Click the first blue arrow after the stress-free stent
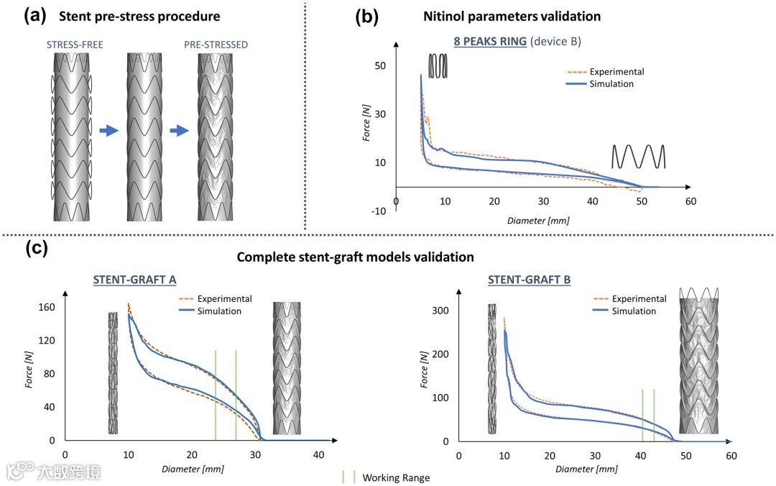(x=108, y=131)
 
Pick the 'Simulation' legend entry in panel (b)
(x=611, y=83)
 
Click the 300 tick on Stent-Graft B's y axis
(x=440, y=311)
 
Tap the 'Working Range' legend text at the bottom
(x=396, y=477)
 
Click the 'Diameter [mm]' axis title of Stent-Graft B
(x=587, y=469)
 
